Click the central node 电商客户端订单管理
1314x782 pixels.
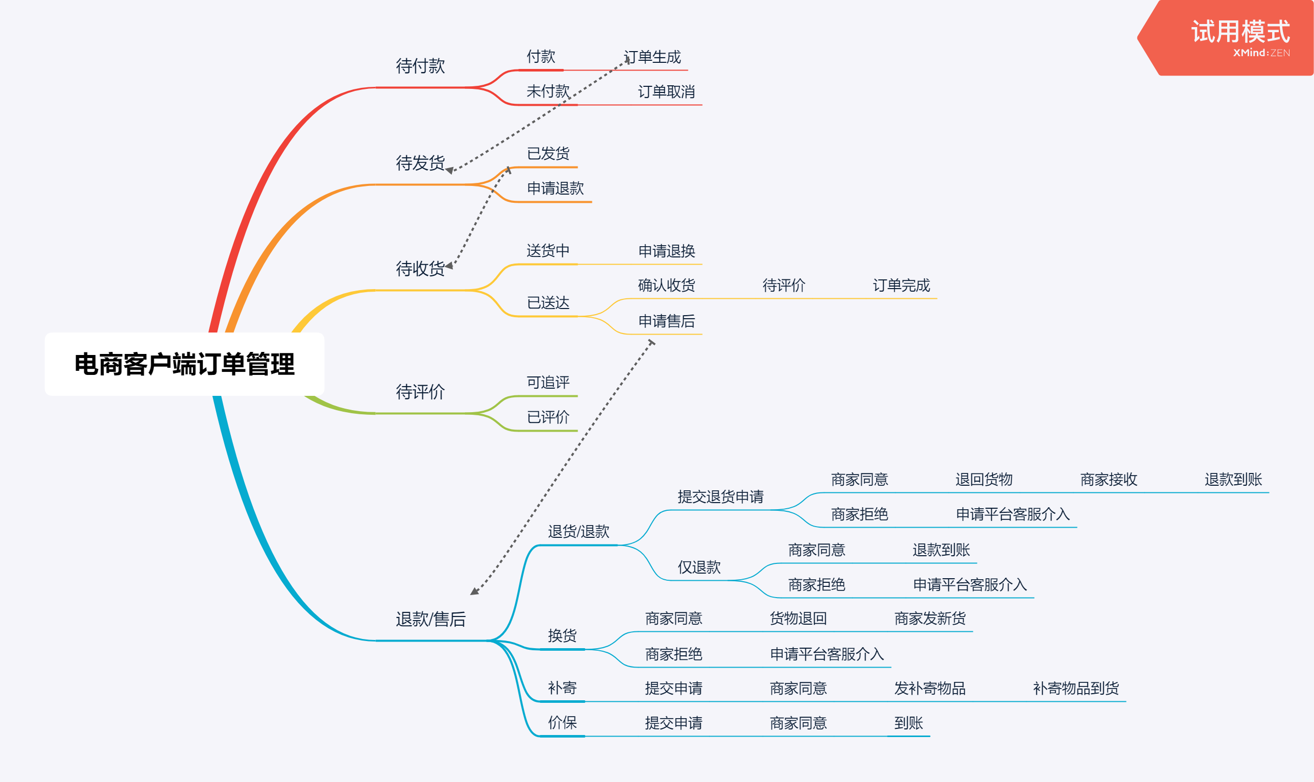point(184,364)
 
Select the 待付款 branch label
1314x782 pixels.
point(420,66)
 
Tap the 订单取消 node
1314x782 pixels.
point(666,92)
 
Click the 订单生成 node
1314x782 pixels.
point(652,57)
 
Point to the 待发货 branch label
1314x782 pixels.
point(420,163)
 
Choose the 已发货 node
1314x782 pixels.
point(548,154)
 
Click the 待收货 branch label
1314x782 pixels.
point(420,269)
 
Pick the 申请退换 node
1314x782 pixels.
point(666,251)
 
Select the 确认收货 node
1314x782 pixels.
point(666,286)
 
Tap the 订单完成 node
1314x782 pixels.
point(901,286)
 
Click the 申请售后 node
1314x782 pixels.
point(666,321)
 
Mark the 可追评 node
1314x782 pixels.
point(548,383)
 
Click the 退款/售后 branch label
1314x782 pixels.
point(431,619)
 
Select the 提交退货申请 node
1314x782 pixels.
point(720,497)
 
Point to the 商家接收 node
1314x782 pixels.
point(1109,480)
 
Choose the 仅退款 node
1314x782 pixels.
point(699,567)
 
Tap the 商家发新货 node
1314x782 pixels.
point(930,619)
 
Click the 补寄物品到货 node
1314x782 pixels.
point(1076,689)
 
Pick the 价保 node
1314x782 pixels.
point(562,723)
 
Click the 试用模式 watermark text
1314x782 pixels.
point(1240,32)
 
